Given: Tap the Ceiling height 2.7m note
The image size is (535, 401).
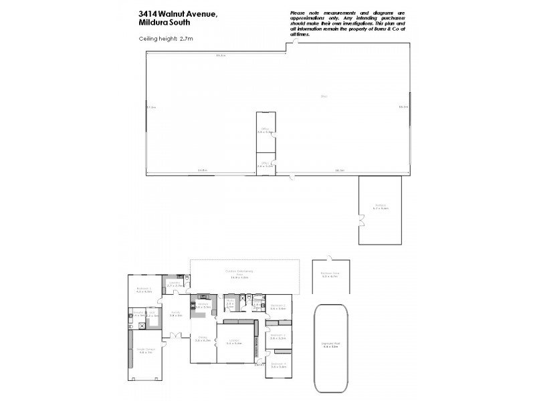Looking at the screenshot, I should coord(166,39).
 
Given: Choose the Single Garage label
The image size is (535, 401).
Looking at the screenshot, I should coord(146,351).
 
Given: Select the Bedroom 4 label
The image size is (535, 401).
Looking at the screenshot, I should coord(278,365).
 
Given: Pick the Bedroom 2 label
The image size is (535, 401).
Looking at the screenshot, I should coord(278,306).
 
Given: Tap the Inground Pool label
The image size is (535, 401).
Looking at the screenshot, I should coord(331,346).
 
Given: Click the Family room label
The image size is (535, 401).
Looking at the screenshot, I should coord(176,313).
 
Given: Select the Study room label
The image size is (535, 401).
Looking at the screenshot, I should coord(229,303).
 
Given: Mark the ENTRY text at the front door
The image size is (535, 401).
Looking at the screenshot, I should coord(259,365).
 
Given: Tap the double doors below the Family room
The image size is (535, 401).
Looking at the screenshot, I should coord(176,335).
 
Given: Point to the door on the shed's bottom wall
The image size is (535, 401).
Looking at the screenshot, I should coord(292,176).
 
